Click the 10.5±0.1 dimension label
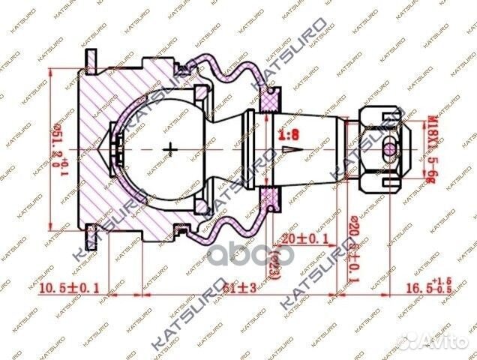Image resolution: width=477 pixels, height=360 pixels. coord(68,286)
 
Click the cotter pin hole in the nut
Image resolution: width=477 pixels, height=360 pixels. coord(389,148)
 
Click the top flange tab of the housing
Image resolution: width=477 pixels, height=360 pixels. coord(90,58)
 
